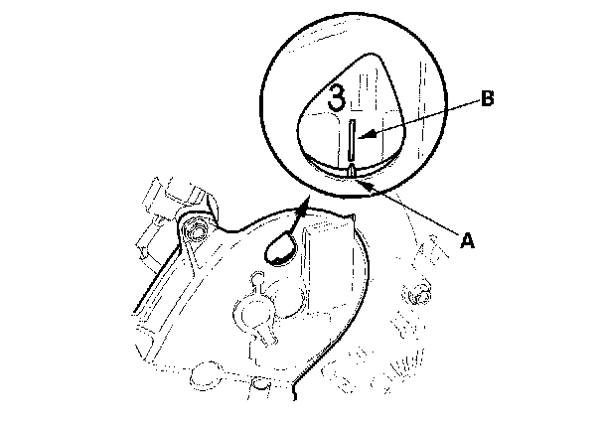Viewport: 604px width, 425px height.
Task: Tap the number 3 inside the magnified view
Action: (x=338, y=97)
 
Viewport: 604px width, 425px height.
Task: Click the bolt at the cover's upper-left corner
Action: (x=196, y=232)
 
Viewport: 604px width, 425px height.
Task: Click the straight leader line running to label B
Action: (x=422, y=115)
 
